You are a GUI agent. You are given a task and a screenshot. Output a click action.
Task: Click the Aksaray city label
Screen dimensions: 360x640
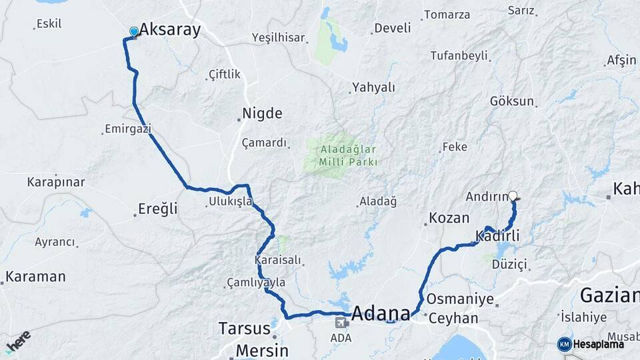[x=169, y=30]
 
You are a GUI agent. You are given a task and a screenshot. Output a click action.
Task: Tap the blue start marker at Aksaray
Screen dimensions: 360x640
[x=134, y=31]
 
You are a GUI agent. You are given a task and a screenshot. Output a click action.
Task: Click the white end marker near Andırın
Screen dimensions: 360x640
[x=513, y=196]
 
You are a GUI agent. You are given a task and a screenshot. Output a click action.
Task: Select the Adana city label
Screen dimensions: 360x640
[x=381, y=313]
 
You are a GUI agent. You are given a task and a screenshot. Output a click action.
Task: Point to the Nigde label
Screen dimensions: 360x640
[x=262, y=113]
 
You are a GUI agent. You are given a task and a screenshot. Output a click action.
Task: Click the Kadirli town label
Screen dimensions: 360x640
[x=498, y=235]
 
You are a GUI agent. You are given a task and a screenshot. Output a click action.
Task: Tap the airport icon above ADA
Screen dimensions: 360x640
[x=341, y=323]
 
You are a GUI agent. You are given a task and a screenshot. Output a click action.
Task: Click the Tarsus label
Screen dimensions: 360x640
[x=243, y=328]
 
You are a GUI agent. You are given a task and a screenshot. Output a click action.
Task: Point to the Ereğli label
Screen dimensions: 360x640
[x=158, y=209]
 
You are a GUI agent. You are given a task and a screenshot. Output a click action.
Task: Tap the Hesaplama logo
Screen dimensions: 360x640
[x=591, y=344]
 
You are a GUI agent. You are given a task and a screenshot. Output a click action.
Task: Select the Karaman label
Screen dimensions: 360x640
[x=36, y=276]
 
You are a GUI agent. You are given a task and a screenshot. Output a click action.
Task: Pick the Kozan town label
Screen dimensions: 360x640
[x=449, y=217]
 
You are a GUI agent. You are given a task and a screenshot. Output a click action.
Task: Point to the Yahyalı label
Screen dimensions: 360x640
[x=373, y=87]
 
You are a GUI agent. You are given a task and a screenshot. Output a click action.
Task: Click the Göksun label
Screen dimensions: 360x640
[x=512, y=101]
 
